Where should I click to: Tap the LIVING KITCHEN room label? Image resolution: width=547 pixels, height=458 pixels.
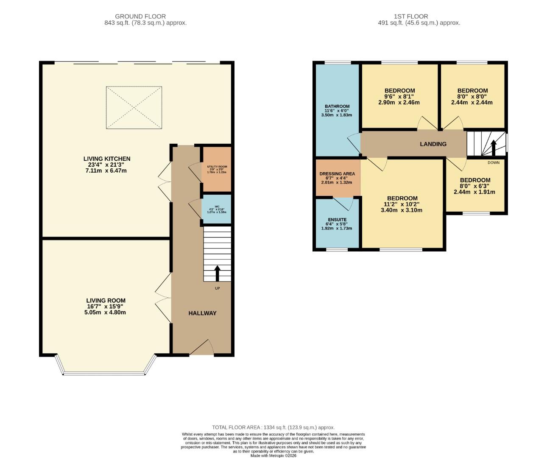coord(106,159)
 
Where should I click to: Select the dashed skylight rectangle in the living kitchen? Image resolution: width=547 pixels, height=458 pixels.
coord(134,107)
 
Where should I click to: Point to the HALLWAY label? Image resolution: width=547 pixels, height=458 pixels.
coord(202,313)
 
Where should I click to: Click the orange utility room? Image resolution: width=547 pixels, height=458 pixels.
coord(217,169)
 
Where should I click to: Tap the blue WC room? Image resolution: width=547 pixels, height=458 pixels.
coord(217,209)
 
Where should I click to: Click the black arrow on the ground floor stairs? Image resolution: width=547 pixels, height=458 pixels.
coord(218,274)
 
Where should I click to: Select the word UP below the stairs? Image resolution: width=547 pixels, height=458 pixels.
coord(218,288)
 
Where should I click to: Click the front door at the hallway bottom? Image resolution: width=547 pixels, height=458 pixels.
coord(202,348)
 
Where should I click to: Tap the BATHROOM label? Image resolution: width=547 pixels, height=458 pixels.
coord(337,106)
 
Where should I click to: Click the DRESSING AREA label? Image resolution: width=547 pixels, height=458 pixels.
coord(337,174)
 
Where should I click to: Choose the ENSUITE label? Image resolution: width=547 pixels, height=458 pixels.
coord(337,220)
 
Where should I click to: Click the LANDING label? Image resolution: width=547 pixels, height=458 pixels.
coord(433,144)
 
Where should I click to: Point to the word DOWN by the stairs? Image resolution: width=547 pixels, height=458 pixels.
coord(493,162)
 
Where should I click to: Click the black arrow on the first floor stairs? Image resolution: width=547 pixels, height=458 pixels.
coord(493,148)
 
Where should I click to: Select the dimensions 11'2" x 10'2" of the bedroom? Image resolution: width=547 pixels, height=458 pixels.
coord(402,204)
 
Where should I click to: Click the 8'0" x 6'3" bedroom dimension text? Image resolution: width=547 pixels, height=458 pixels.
coord(475,186)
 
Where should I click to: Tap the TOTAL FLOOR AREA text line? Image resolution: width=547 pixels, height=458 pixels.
coord(273,427)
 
